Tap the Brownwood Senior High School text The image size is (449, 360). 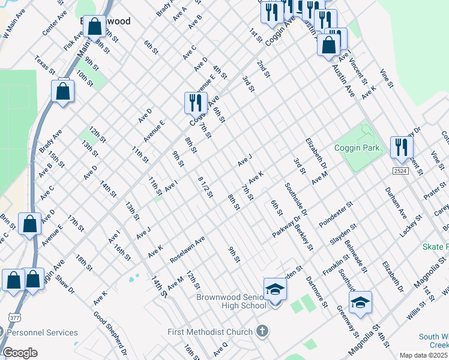[231, 301]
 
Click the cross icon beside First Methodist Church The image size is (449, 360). [262, 331]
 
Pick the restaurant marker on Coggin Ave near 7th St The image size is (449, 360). [195, 103]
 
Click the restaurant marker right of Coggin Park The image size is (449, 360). [401, 148]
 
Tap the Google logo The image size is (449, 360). [19, 353]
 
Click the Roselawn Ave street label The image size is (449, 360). [187, 247]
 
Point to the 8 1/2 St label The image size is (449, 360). [205, 187]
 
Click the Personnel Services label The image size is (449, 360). [43, 332]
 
